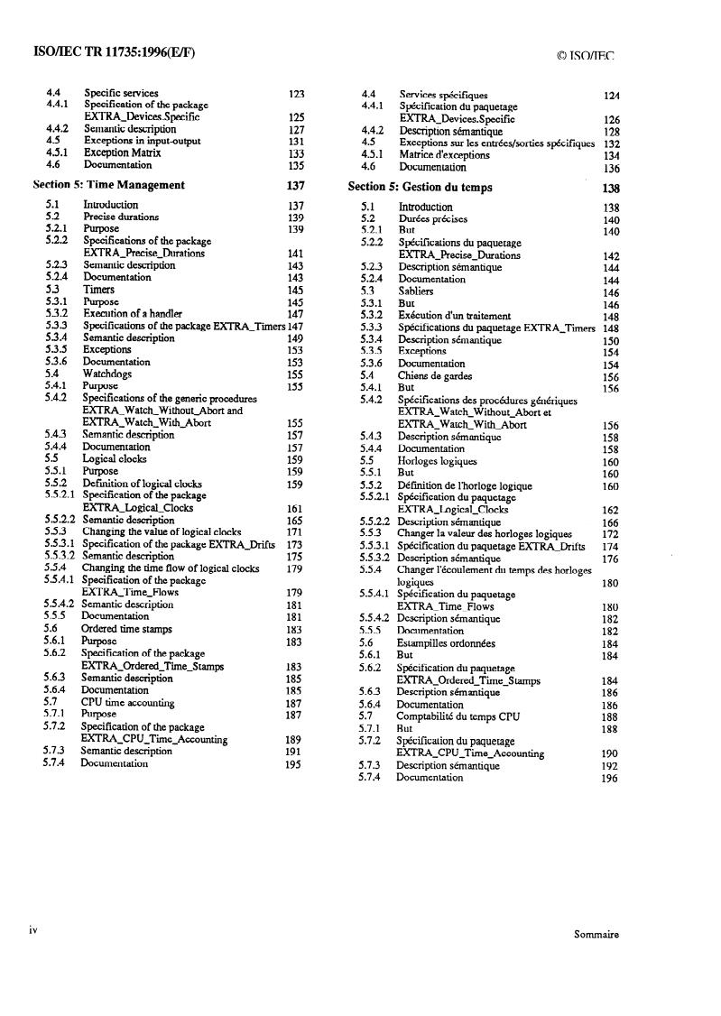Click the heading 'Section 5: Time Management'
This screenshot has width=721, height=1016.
[108, 185]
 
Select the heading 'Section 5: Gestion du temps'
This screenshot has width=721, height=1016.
[422, 188]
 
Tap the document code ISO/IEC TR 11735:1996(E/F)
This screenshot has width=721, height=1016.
[114, 52]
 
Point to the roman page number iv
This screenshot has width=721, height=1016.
[32, 929]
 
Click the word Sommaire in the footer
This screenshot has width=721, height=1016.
[596, 935]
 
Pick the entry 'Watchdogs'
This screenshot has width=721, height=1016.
[107, 374]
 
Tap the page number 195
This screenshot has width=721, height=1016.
[293, 763]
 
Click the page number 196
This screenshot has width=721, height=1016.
[610, 778]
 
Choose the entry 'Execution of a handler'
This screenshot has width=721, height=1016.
[133, 313]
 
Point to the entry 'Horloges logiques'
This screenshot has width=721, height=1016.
[438, 461]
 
